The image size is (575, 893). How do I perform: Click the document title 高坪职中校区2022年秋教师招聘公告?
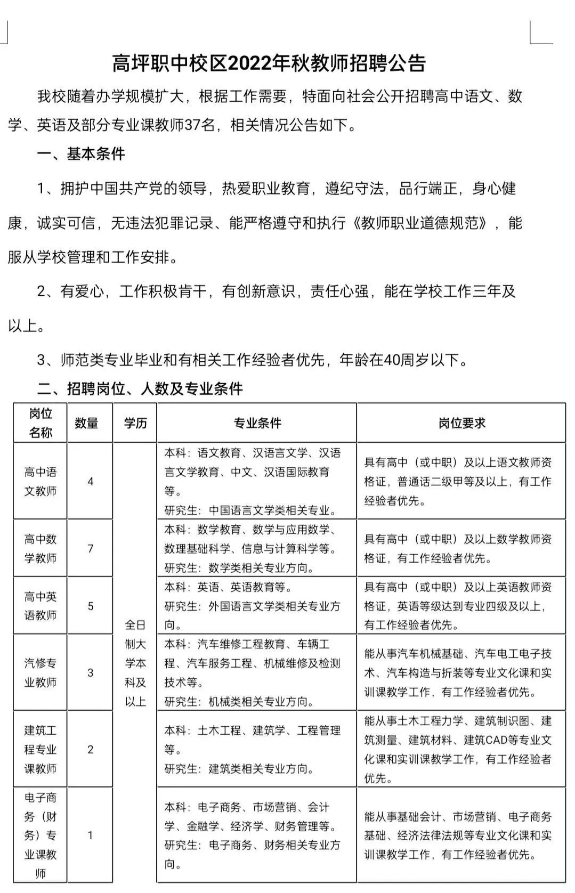pos(269,63)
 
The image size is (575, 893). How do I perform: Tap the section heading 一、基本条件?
pos(81,154)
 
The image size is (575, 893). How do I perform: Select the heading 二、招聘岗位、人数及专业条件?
pos(140,388)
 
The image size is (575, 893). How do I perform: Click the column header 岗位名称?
pos(41,423)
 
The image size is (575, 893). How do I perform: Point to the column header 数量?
pos(86,423)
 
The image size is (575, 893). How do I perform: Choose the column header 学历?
pos(135,423)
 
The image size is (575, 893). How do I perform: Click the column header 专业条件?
pos(257,423)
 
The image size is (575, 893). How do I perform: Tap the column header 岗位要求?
pos(462,423)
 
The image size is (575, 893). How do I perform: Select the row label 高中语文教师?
pos(41,481)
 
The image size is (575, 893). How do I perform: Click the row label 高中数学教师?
pos(41,548)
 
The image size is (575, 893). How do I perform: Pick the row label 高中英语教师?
pos(41,606)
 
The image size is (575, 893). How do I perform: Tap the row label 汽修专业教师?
pos(41,672)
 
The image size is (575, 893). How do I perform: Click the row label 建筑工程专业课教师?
pos(41,749)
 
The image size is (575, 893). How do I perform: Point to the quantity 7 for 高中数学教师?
pos(91,548)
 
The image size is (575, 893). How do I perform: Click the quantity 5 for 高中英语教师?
pos(91,606)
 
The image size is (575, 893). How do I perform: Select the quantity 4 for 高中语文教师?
pos(91,481)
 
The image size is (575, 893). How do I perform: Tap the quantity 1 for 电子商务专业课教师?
pos(91,835)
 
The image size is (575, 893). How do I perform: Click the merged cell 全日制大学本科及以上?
pos(135,663)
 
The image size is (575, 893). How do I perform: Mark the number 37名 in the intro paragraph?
pos(200,125)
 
